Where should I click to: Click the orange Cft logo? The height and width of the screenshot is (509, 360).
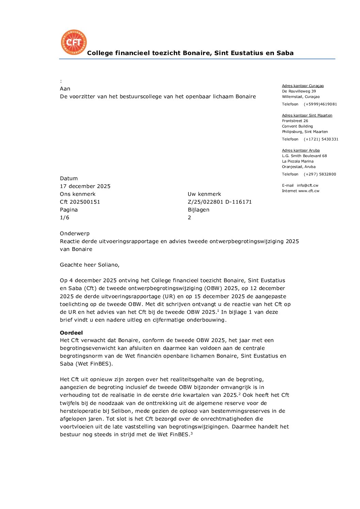coord(74,42)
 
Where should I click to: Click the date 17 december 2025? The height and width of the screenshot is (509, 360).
coord(85,186)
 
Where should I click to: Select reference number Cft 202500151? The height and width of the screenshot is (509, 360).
coord(80,202)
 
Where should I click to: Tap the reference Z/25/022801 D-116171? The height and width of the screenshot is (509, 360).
coord(220,202)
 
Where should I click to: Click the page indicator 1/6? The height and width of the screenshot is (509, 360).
coord(65,218)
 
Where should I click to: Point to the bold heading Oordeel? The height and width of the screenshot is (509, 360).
coord(71,333)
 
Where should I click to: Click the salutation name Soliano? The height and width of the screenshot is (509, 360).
coord(108,265)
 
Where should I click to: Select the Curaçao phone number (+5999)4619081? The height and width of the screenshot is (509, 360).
coord(320,104)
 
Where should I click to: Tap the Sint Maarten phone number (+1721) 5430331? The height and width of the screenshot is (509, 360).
coord(321,139)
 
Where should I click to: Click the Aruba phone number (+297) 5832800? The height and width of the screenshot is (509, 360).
coord(320,174)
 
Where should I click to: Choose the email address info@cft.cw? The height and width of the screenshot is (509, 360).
coord(308,186)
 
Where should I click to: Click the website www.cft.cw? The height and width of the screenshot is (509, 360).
coord(309,191)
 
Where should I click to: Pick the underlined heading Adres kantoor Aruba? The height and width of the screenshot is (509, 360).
coord(301,151)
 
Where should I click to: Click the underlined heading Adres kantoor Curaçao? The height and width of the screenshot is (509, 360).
coord(303,86)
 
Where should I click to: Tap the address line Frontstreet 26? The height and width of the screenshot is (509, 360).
coord(295,121)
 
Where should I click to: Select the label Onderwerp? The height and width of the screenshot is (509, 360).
coord(75,234)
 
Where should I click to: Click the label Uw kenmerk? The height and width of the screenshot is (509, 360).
coord(204,194)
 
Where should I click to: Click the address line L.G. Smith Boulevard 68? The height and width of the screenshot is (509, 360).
coord(305,156)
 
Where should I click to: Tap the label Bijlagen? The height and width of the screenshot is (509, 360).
coord(199,210)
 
